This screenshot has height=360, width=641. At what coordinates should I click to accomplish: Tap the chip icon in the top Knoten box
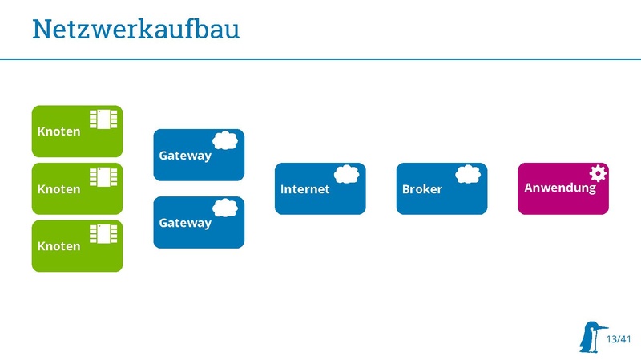[x=103, y=119]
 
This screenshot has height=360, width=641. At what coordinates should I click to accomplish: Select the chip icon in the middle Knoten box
[x=103, y=176]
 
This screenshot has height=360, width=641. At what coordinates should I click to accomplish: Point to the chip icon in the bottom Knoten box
[x=103, y=233]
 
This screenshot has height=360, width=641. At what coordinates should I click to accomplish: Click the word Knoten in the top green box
[x=59, y=131]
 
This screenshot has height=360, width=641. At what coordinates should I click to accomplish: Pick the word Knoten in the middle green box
[x=59, y=189]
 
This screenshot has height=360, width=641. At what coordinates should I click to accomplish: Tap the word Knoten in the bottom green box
[x=59, y=246]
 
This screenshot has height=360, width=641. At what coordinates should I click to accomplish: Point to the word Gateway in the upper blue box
[x=185, y=156]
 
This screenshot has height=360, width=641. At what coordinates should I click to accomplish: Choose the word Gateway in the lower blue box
[x=185, y=223]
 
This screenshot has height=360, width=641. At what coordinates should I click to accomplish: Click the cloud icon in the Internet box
[x=346, y=173]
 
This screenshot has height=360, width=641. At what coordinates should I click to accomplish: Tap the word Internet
[x=304, y=189]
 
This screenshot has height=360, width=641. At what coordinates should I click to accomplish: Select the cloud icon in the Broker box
[x=468, y=173]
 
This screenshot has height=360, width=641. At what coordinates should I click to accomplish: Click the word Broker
[x=422, y=189]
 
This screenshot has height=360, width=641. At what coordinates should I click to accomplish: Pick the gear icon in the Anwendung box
[x=598, y=172]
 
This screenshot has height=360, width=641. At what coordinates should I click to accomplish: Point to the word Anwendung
[x=560, y=188]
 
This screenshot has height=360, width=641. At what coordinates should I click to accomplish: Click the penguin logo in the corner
[x=591, y=337]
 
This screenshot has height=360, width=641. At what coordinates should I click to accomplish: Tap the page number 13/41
[x=619, y=340]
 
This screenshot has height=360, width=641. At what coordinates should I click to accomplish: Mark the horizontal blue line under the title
[x=320, y=59]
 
